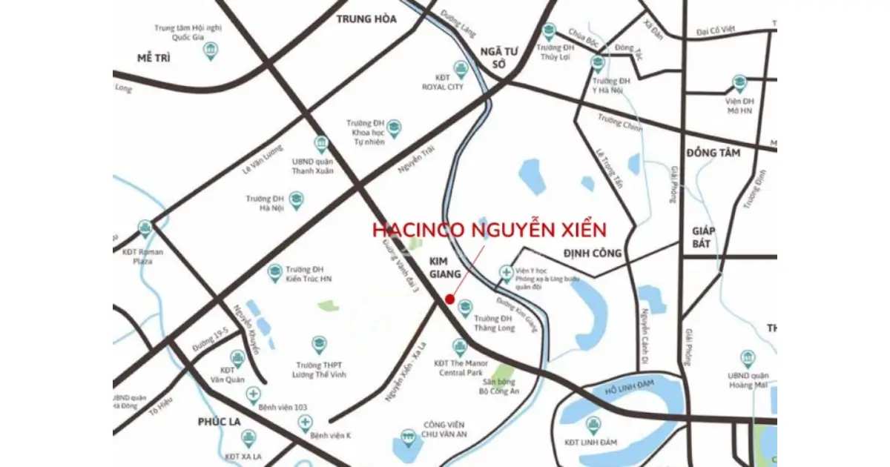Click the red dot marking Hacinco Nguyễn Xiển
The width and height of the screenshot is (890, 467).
point(449,299)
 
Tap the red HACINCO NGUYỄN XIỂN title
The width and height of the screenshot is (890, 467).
point(489,229)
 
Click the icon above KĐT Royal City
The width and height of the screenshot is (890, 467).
point(461,70)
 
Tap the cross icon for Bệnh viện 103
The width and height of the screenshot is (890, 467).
point(254,394)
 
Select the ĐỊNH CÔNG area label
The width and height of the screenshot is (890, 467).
point(592,253)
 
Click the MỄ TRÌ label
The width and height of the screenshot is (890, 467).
point(154,58)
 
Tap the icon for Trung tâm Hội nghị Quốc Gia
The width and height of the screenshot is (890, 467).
point(211,51)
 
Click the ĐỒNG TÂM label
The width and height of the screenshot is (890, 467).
point(713,153)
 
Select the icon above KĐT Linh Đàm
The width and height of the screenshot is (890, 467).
point(593,425)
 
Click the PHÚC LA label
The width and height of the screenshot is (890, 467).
point(220,421)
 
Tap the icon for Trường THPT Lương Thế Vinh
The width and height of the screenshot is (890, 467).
point(319,345)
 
